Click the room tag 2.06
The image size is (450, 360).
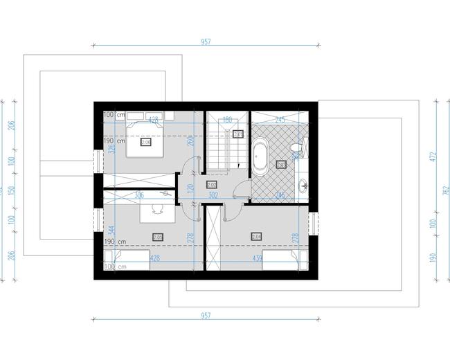tap(146, 142)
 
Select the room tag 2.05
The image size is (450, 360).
tap(158, 237)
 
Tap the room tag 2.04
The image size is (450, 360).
tap(256, 236)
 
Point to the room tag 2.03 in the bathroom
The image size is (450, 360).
tap(281, 165)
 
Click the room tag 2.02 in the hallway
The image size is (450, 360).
tap(212, 185)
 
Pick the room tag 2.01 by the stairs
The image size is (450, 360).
tap(238, 134)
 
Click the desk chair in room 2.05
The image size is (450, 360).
tap(159, 205)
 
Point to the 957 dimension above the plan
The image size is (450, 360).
tap(206, 42)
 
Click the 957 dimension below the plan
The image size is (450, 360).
tap(206, 316)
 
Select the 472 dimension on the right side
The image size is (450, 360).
tap(433, 157)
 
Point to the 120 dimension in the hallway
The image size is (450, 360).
tap(190, 188)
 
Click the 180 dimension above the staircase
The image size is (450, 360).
tap(226, 119)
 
